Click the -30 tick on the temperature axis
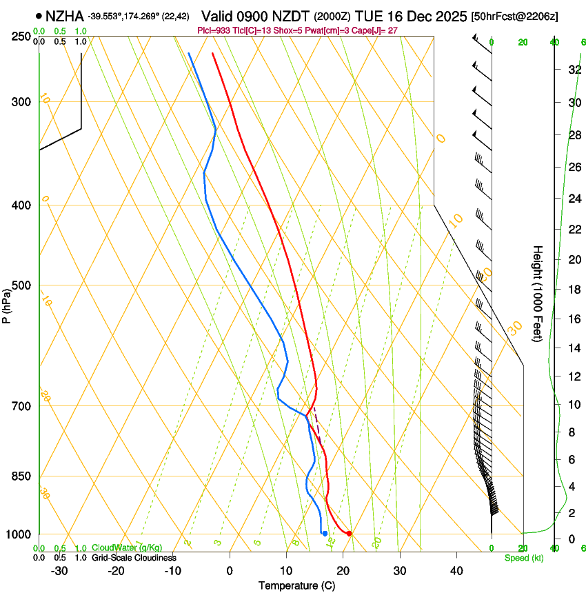tap(59, 571)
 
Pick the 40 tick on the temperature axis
tap(456, 571)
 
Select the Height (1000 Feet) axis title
tap(538, 294)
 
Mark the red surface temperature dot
tap(350, 533)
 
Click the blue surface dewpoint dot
tap(325, 533)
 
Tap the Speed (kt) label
tap(523, 558)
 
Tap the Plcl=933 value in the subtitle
tap(214, 30)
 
